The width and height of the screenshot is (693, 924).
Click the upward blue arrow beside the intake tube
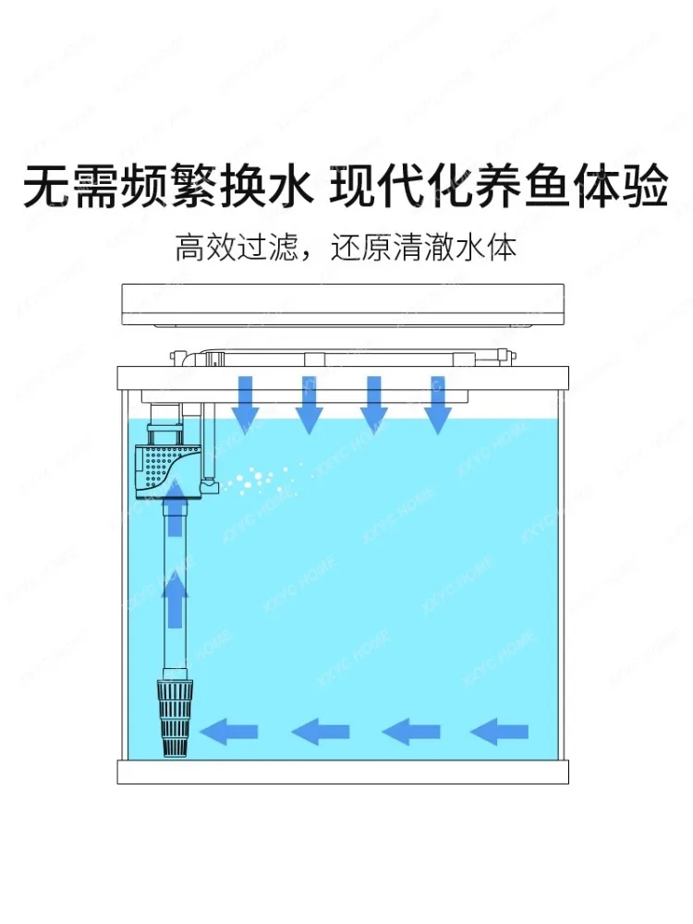tap(174, 591)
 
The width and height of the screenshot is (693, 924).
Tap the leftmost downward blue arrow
tap(245, 404)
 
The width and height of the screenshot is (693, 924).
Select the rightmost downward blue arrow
tap(437, 404)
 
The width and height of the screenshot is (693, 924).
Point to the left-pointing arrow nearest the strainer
tap(229, 733)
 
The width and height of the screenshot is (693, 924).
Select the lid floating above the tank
tap(343, 305)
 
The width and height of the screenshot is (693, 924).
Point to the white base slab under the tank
tap(343, 772)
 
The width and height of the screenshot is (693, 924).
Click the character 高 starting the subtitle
tap(190, 249)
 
